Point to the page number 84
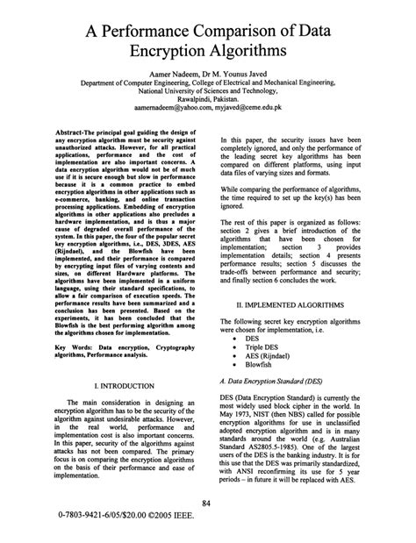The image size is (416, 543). tap(208, 502)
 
